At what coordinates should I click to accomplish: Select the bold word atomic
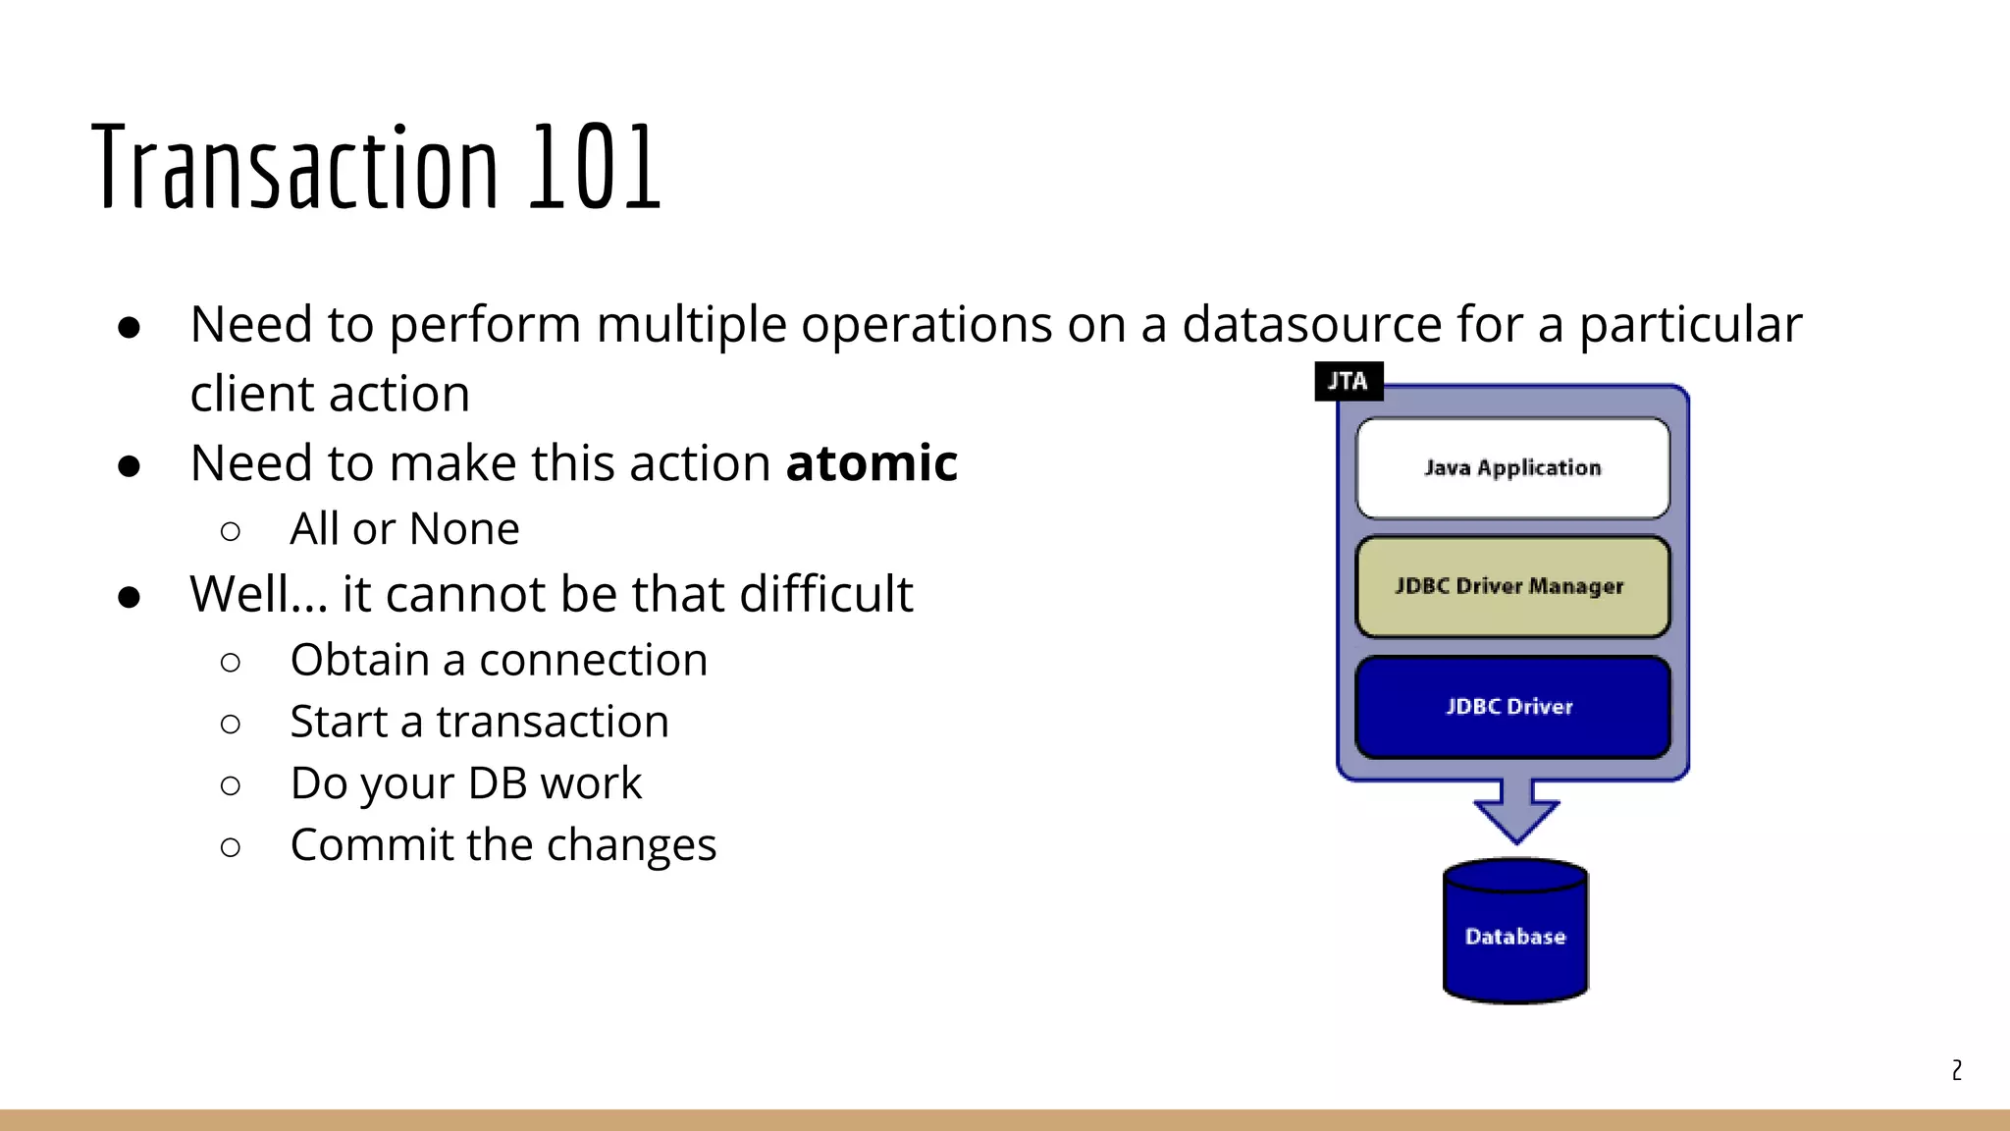(x=872, y=462)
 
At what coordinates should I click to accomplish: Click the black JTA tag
(x=1348, y=381)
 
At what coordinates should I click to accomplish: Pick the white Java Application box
(x=1512, y=468)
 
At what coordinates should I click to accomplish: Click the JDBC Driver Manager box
(x=1512, y=586)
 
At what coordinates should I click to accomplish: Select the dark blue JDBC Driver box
(x=1512, y=707)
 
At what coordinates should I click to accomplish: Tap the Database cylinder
(x=1515, y=936)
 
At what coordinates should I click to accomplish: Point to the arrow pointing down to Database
(x=1516, y=810)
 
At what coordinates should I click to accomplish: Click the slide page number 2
(x=1956, y=1070)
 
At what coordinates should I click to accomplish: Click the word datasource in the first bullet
(x=1311, y=324)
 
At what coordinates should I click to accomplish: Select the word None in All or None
(x=464, y=529)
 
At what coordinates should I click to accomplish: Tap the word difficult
(x=825, y=594)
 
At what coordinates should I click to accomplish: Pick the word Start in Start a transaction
(x=339, y=722)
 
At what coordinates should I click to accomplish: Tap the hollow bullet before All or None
(x=231, y=531)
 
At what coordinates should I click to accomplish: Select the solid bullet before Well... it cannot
(x=129, y=597)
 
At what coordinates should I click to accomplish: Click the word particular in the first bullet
(x=1690, y=324)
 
